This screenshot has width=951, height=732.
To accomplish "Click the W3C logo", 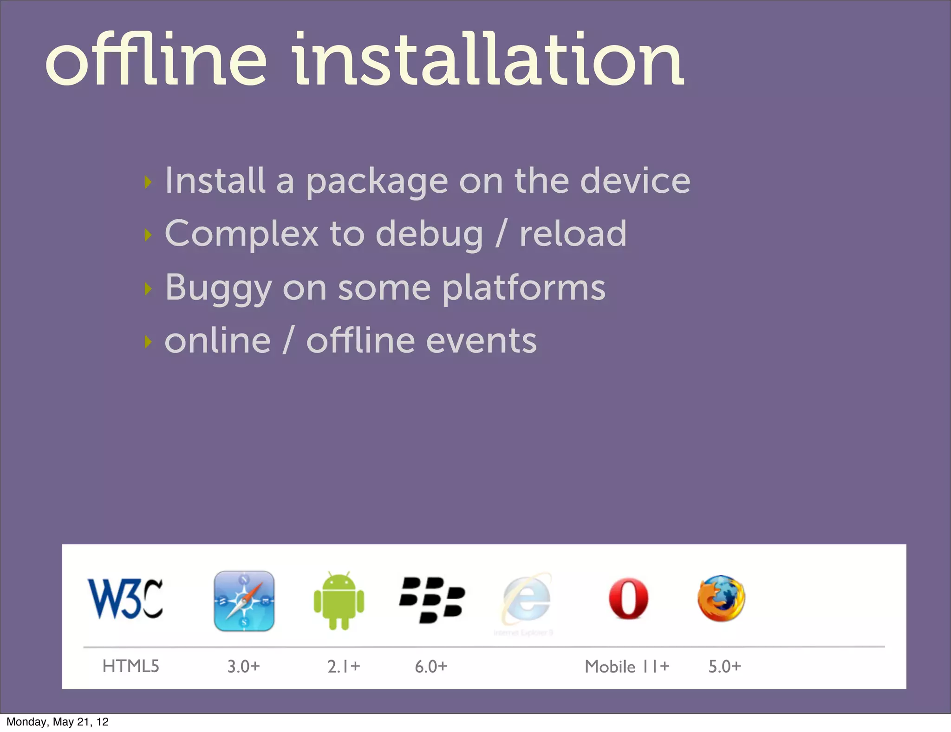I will click(x=125, y=599).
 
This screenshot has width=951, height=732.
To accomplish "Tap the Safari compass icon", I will click(x=244, y=601).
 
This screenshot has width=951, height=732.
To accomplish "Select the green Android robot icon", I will click(x=339, y=601).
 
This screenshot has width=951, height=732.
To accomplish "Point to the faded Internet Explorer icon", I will click(x=527, y=601).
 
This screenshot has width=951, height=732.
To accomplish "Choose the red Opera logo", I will click(x=629, y=599).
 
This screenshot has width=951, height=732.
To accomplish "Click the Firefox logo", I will click(x=721, y=599).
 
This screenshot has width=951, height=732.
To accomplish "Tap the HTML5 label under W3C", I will click(x=130, y=666).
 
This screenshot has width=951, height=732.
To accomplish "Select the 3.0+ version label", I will click(x=243, y=667).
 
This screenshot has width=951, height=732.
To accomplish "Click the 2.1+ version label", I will click(x=344, y=667).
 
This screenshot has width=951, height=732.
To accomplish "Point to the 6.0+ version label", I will click(x=431, y=667).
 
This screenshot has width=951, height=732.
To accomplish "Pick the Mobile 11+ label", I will click(x=627, y=667).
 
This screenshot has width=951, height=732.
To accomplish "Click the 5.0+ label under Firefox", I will click(x=724, y=667).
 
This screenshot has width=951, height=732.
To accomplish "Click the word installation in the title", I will click(x=488, y=60).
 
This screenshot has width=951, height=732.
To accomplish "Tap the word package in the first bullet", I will click(x=377, y=182).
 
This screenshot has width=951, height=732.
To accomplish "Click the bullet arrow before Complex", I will click(x=148, y=235).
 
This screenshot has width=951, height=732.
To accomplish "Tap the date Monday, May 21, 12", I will click(x=58, y=722).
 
